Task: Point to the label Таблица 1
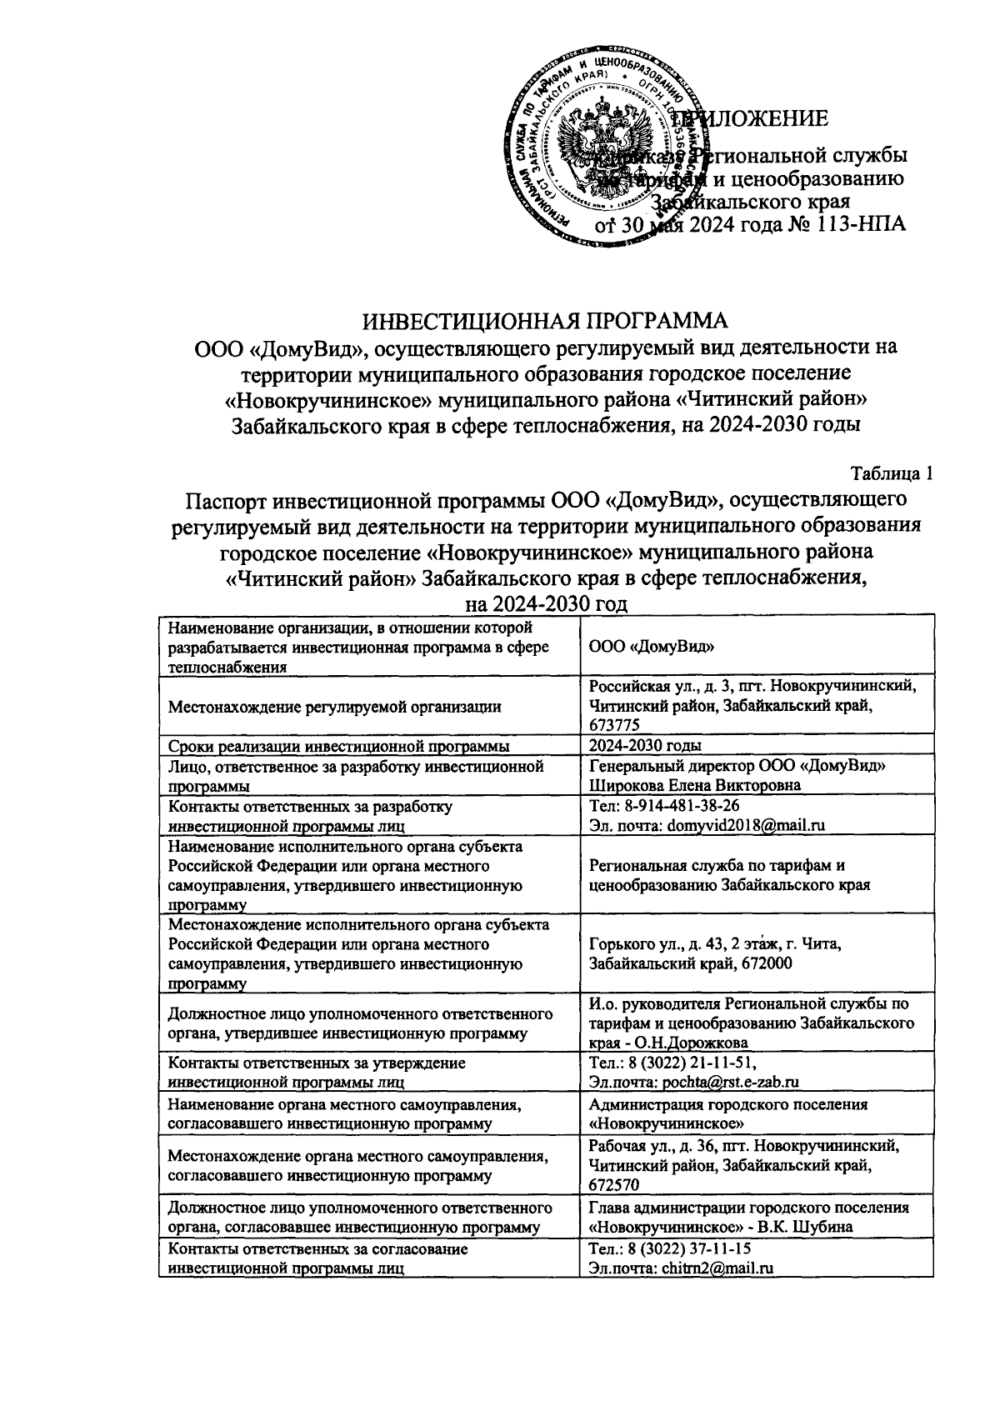[x=890, y=474]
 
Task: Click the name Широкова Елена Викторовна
[x=694, y=785]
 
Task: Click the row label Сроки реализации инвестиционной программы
[x=338, y=745]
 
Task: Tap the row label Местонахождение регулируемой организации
[x=334, y=707]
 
